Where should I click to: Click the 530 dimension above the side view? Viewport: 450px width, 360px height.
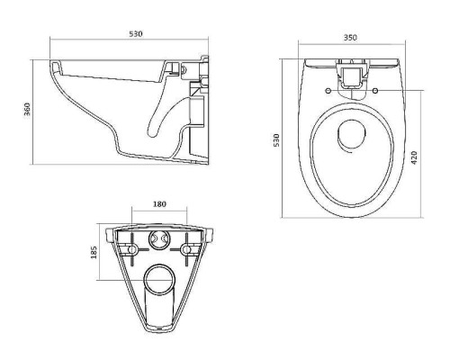click(136, 34)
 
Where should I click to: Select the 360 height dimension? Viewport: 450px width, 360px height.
click(27, 111)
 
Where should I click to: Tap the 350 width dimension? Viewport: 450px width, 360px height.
click(350, 38)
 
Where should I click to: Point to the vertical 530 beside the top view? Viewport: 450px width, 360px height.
click(276, 139)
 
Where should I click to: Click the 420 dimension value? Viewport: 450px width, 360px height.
click(414, 157)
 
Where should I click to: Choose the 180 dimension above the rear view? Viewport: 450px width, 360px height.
click(159, 204)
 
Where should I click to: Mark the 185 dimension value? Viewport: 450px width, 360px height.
click(94, 252)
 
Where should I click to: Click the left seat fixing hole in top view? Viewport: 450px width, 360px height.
click(328, 90)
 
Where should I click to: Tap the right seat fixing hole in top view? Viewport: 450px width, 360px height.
click(375, 90)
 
